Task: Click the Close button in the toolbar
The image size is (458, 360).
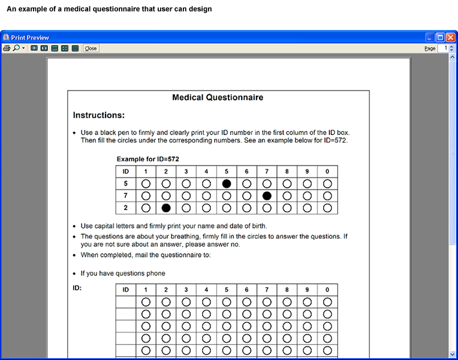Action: click(x=91, y=48)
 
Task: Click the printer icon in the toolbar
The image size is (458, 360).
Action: click(x=7, y=48)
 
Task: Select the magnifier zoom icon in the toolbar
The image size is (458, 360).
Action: click(x=16, y=48)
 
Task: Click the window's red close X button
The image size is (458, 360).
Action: click(x=450, y=37)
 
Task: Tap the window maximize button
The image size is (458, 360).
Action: click(x=440, y=37)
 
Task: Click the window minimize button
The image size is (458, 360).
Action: click(x=430, y=37)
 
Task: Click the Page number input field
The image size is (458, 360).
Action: click(x=443, y=48)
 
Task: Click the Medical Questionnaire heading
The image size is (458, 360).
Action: click(x=218, y=97)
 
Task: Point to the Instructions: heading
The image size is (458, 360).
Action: click(x=99, y=115)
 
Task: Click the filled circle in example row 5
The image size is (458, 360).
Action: click(x=227, y=184)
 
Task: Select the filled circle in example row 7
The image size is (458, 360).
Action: click(x=267, y=196)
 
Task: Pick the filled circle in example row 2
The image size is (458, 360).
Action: click(x=166, y=208)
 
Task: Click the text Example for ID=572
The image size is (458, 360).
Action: click(x=147, y=159)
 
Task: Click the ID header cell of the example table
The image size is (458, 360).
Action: click(x=125, y=172)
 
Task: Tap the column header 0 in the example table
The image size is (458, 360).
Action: click(x=327, y=172)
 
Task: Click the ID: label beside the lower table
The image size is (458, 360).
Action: click(x=77, y=288)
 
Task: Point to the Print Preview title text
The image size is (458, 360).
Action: click(x=30, y=37)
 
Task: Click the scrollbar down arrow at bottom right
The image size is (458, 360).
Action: click(x=452, y=354)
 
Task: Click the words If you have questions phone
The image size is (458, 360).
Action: click(x=123, y=274)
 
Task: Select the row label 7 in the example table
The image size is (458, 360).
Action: click(x=125, y=196)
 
